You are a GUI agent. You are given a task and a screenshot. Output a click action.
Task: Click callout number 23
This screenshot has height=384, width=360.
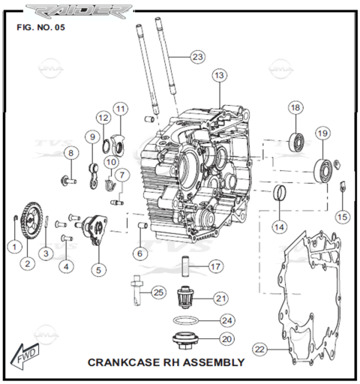pos(197,57)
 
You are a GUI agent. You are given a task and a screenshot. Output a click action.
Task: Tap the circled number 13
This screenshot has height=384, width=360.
pos(219,75)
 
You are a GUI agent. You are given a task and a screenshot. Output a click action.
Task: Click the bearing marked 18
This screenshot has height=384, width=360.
pos(296,142)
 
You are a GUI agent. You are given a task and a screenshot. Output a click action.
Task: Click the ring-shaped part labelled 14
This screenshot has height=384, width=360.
pos(280,193)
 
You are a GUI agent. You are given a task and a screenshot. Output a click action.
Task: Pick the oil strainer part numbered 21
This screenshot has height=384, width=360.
pos(185,298)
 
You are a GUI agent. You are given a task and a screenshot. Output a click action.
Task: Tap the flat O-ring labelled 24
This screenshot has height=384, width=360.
pos(186,320)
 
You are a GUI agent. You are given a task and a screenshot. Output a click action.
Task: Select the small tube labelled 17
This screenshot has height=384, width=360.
pos(185,266)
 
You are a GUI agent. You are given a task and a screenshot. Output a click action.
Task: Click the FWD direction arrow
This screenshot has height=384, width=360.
pos(25,356)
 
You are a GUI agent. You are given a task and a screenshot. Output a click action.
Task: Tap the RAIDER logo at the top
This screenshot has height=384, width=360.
pos(79,11)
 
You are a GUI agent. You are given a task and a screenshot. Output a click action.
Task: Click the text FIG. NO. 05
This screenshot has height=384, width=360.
pos(40,27)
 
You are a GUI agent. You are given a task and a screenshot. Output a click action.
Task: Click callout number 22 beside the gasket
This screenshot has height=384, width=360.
pos(259,349)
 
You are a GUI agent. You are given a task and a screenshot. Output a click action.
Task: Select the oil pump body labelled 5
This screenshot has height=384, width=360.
pos(94,229)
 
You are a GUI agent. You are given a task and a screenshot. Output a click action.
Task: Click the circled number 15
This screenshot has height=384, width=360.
pos(342,217)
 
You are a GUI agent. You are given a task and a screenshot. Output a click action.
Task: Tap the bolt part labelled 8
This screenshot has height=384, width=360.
pos(68,180)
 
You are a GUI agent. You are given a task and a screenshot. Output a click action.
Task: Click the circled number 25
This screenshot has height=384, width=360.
pos(158,292)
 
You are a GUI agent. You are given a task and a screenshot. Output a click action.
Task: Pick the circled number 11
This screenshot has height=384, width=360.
pos(121,109)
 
